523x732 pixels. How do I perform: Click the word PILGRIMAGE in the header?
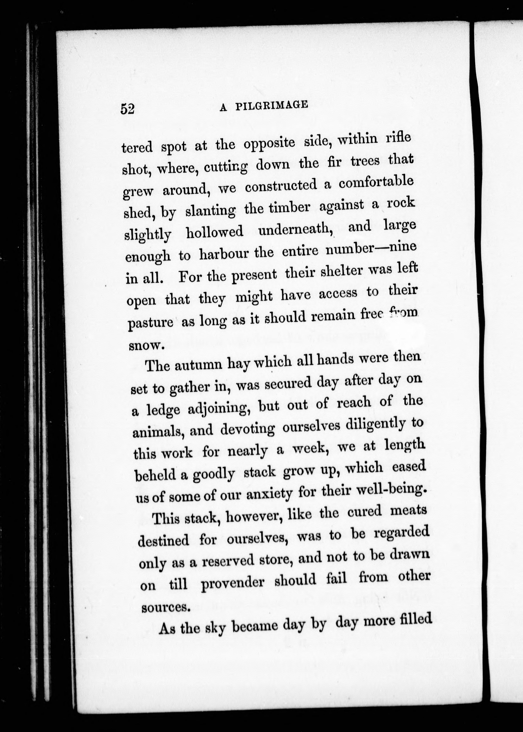coord(271,105)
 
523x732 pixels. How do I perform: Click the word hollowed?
coord(215,232)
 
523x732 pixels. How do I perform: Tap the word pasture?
coord(150,322)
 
